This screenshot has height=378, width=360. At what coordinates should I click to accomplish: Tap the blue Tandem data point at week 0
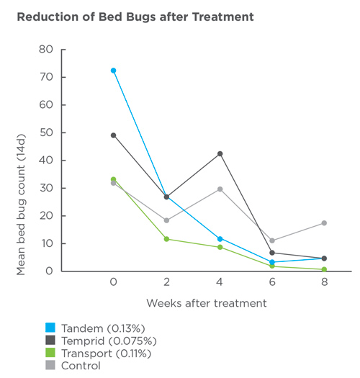(114, 71)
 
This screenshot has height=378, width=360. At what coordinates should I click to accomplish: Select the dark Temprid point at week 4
(220, 153)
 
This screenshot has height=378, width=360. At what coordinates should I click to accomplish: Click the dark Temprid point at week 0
(114, 135)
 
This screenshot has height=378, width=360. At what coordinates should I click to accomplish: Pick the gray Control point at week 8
(325, 223)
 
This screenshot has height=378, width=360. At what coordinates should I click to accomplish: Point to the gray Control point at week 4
(220, 189)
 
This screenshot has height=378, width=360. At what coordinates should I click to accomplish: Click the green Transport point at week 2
(167, 239)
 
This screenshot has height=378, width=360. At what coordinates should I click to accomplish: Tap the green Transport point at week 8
(325, 269)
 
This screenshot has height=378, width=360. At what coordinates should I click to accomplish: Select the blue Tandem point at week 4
(220, 238)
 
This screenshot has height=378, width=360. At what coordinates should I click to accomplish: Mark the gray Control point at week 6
(272, 240)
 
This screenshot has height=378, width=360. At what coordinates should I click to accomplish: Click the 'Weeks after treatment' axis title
(207, 303)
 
